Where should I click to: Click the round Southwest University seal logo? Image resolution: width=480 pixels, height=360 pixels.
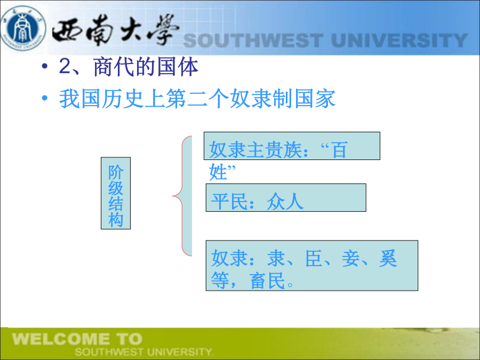point(23,28)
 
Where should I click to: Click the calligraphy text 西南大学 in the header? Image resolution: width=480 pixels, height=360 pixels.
point(115,30)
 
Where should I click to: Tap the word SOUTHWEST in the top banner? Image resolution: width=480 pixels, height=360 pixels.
point(253,41)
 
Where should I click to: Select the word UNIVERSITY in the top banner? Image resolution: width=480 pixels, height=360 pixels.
point(399,41)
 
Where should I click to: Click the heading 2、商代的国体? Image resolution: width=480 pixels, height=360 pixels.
point(129,67)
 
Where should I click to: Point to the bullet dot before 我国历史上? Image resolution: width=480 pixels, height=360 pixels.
point(45,98)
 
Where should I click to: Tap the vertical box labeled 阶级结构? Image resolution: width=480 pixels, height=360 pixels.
point(116,193)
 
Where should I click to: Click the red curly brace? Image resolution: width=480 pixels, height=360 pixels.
point(183,196)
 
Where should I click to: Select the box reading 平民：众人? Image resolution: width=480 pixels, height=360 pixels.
point(286,198)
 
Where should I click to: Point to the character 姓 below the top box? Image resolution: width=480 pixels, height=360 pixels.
point(218,172)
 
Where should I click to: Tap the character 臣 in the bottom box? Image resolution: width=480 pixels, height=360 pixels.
point(314,258)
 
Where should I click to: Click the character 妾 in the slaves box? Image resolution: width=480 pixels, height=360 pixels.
point(351,258)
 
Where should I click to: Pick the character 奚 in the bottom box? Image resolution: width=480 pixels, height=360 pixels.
point(388,258)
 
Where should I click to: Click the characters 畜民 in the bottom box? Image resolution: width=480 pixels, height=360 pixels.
point(268,281)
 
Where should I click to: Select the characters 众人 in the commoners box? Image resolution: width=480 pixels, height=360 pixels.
point(285,202)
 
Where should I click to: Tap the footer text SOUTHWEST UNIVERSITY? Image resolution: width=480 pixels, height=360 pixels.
point(144,352)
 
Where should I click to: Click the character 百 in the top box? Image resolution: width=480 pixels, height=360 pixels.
point(340,150)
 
